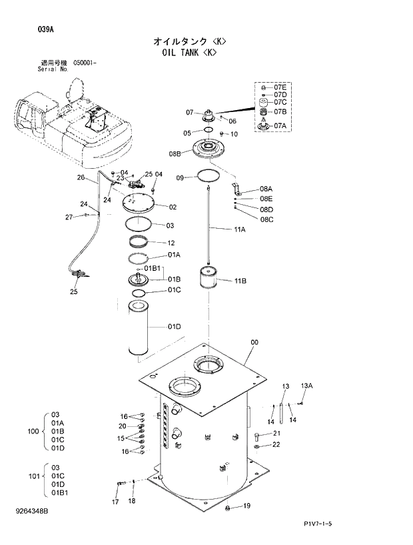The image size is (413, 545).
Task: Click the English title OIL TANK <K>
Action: [189, 52]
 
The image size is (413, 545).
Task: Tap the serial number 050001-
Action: [85, 62]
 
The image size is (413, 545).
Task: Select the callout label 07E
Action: [280, 87]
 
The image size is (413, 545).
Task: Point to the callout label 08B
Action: [175, 154]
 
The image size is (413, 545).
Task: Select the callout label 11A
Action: [240, 229]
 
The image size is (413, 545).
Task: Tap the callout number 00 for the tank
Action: [254, 343]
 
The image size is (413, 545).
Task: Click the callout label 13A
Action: [306, 386]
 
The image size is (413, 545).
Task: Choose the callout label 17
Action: [115, 502]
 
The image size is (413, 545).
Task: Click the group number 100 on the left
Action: [33, 432]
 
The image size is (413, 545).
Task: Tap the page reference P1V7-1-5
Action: [317, 524]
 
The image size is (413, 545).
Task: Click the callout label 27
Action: [69, 217]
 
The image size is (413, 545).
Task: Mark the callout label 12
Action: [171, 243]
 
